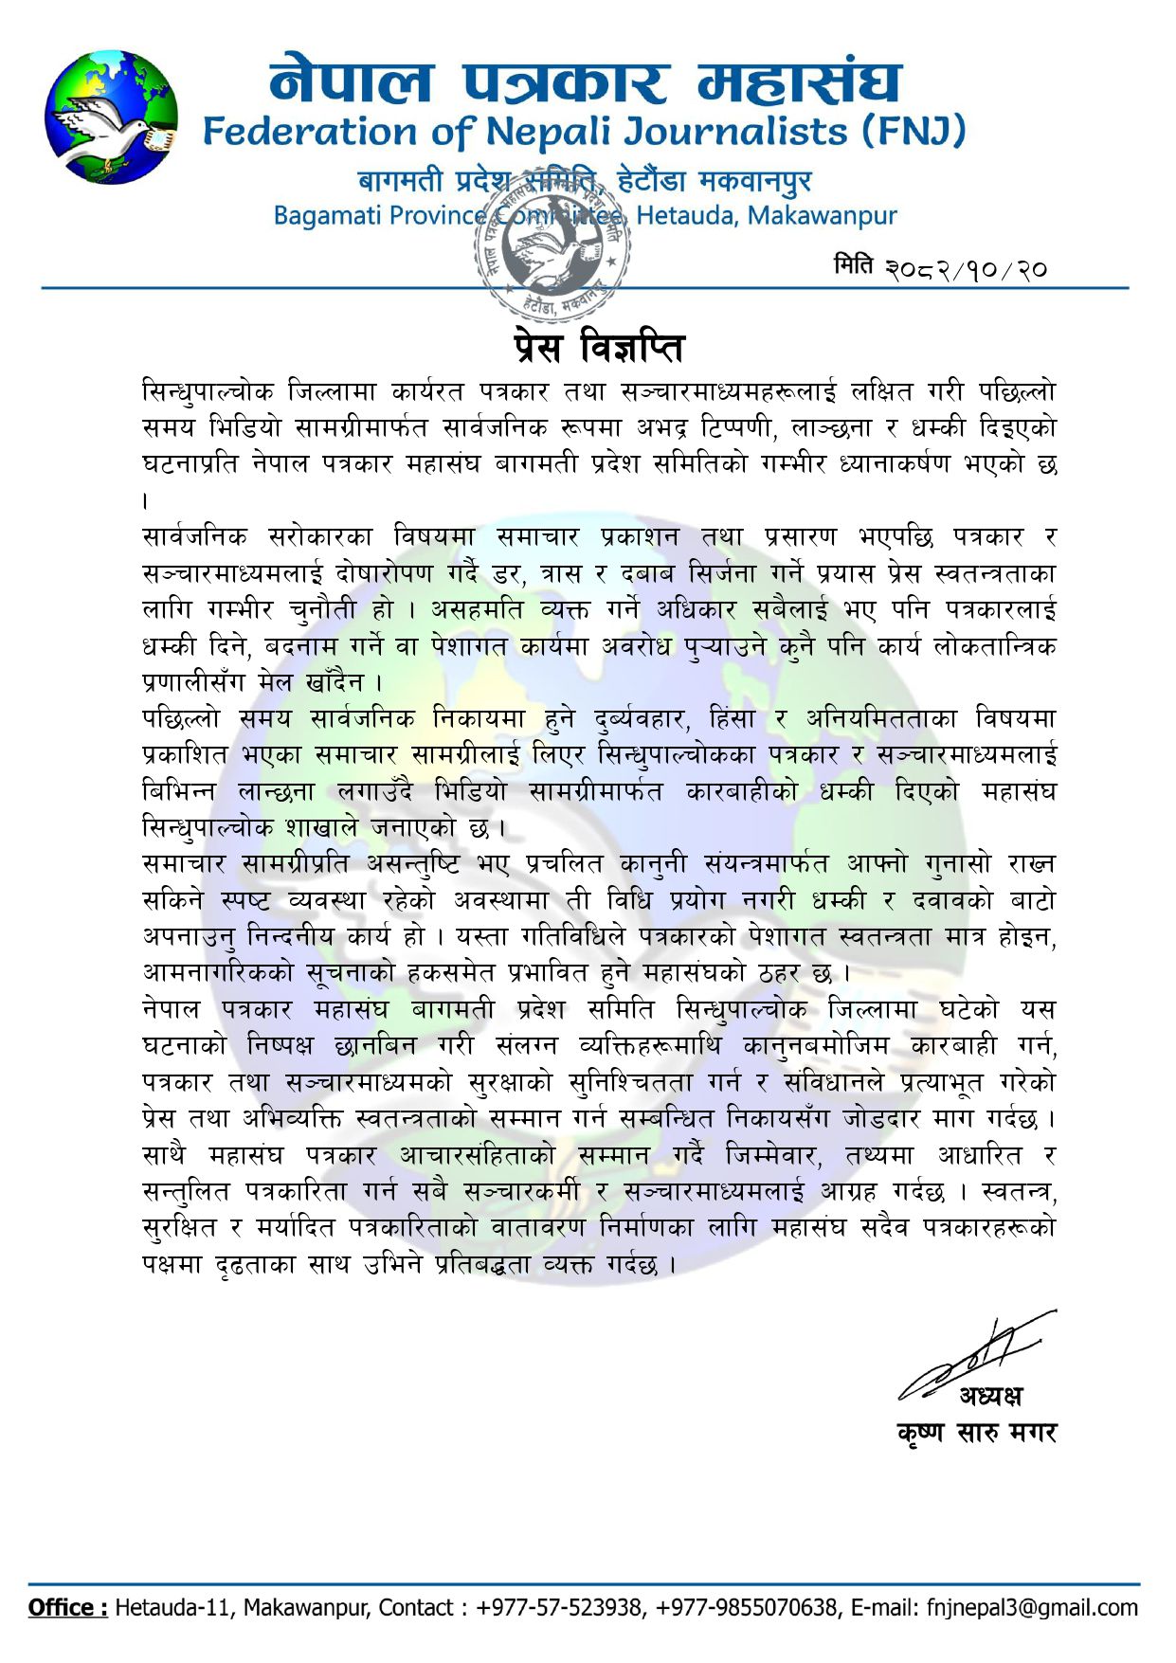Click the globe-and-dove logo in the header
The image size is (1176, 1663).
click(x=111, y=117)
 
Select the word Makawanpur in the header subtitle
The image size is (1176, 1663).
click(x=822, y=216)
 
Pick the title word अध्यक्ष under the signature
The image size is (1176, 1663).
click(x=990, y=1396)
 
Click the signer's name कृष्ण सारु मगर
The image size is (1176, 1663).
click(x=976, y=1433)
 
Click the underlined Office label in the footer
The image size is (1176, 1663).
click(x=67, y=1608)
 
